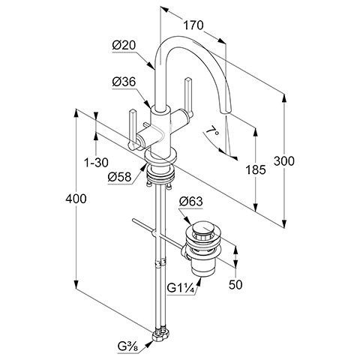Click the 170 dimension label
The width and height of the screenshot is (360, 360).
click(x=193, y=25)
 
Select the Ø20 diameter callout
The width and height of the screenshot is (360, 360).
click(x=124, y=46)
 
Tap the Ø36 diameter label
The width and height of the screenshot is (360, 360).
click(x=124, y=82)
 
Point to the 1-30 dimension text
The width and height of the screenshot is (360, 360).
click(x=96, y=163)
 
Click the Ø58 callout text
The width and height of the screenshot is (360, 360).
click(x=119, y=177)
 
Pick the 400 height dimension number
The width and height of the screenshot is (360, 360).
click(x=76, y=199)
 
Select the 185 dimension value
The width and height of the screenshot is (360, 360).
click(x=256, y=170)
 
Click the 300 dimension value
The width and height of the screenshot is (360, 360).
click(x=284, y=161)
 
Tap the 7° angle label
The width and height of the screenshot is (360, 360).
click(x=212, y=130)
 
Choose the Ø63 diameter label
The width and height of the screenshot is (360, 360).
click(x=191, y=202)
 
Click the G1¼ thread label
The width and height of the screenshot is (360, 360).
click(x=181, y=289)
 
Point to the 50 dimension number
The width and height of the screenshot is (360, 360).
click(x=235, y=284)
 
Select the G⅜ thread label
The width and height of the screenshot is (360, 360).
click(x=127, y=346)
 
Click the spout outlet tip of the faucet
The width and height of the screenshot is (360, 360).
click(x=224, y=112)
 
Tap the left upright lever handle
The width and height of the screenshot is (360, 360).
click(x=132, y=130)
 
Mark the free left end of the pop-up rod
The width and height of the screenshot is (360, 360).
click(x=134, y=220)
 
